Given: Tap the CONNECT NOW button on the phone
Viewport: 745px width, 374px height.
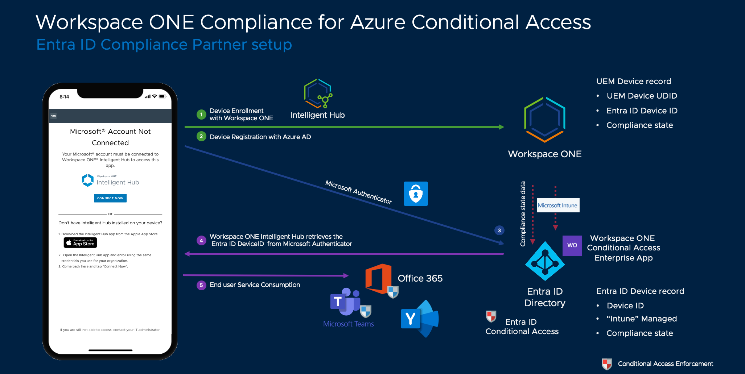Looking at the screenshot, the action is pyautogui.click(x=110, y=198).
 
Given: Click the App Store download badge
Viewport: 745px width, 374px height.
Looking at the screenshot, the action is pyautogui.click(x=80, y=242).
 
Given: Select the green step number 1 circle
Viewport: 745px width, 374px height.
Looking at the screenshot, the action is pyautogui.click(x=201, y=115).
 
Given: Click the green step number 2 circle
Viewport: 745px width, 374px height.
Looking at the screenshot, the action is pyautogui.click(x=201, y=137).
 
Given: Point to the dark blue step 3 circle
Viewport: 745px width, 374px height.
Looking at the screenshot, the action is pyautogui.click(x=499, y=230).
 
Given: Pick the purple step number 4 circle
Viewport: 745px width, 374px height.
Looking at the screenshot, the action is pyautogui.click(x=201, y=240).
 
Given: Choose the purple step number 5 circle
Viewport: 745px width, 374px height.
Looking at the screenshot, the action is pyautogui.click(x=201, y=285).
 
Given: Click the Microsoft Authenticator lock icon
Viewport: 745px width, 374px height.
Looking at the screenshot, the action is pyautogui.click(x=416, y=194).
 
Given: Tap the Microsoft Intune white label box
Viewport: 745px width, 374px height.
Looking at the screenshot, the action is pyautogui.click(x=558, y=205).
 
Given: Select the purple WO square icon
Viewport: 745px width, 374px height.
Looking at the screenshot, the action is pyautogui.click(x=572, y=245).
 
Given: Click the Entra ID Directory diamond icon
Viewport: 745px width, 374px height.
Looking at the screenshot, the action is pyautogui.click(x=545, y=261).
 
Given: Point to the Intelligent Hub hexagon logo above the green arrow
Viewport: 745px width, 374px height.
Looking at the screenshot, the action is pyautogui.click(x=318, y=93).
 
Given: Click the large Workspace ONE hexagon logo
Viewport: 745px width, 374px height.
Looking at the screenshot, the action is pyautogui.click(x=545, y=120).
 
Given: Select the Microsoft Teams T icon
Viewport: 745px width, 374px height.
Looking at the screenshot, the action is pyautogui.click(x=345, y=302).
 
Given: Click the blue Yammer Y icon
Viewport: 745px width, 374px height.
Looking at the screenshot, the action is pyautogui.click(x=419, y=319).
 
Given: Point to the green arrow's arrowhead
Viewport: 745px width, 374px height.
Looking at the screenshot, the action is pyautogui.click(x=502, y=127).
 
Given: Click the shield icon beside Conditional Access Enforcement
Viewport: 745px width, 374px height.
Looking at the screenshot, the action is pyautogui.click(x=607, y=364).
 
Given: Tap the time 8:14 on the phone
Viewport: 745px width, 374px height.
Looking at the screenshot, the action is pyautogui.click(x=64, y=97).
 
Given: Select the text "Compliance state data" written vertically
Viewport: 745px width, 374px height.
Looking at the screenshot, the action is pyautogui.click(x=523, y=214).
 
